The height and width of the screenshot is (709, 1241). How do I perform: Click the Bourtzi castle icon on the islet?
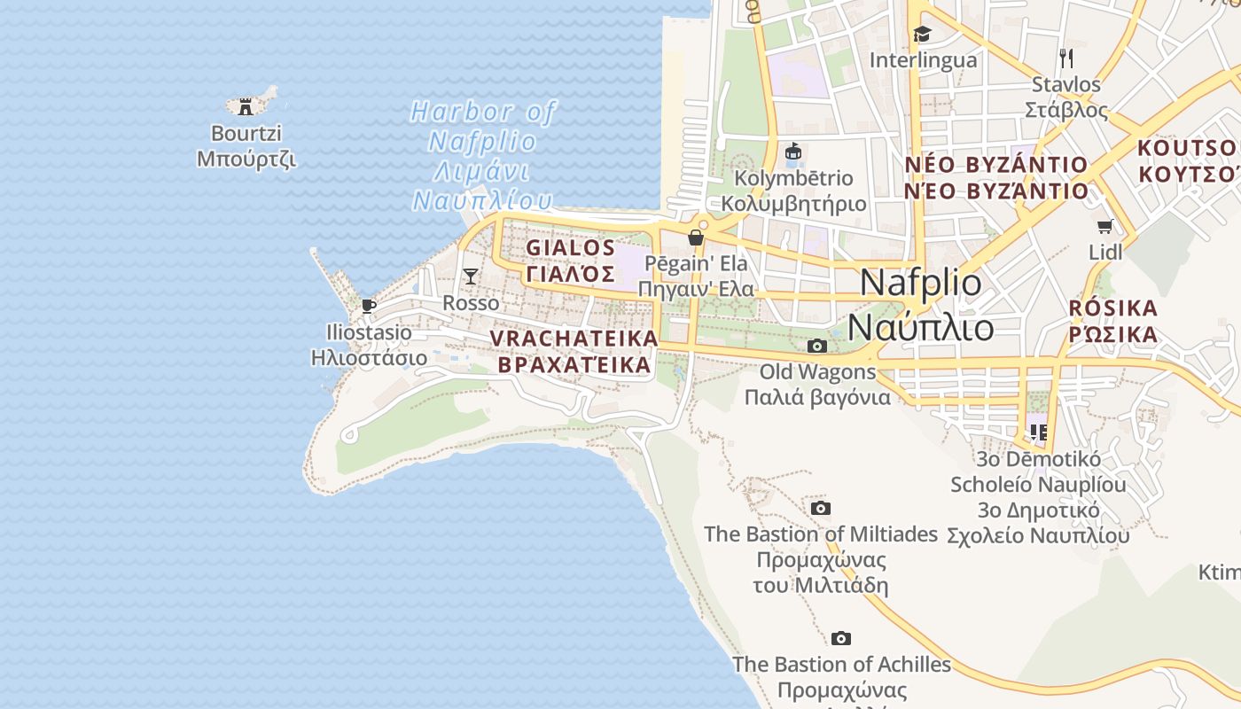(246, 107)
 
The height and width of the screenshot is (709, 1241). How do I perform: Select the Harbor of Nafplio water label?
(483, 156)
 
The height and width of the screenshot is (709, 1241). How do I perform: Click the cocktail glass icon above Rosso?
(471, 277)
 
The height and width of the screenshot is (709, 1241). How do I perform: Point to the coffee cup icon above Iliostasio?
(369, 307)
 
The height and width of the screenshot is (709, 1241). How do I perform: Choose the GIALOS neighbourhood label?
(570, 261)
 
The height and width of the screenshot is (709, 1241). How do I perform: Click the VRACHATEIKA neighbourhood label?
(574, 352)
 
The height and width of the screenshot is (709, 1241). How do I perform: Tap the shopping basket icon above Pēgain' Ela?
(696, 238)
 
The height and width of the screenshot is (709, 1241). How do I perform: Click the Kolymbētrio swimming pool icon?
(793, 152)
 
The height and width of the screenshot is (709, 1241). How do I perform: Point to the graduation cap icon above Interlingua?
(923, 35)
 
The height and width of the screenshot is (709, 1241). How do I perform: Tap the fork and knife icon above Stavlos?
(1066, 58)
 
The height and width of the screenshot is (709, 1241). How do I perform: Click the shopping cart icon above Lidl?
(1104, 227)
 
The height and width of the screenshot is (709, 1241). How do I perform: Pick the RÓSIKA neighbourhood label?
(1113, 321)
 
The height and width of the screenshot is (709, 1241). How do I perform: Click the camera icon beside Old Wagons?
(817, 346)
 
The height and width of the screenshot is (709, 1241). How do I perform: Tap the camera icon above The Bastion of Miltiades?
(821, 509)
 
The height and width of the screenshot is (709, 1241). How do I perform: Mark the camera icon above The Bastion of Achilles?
(841, 639)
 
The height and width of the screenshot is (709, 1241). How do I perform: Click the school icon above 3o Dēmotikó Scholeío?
(1038, 432)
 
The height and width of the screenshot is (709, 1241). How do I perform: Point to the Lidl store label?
(1105, 253)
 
